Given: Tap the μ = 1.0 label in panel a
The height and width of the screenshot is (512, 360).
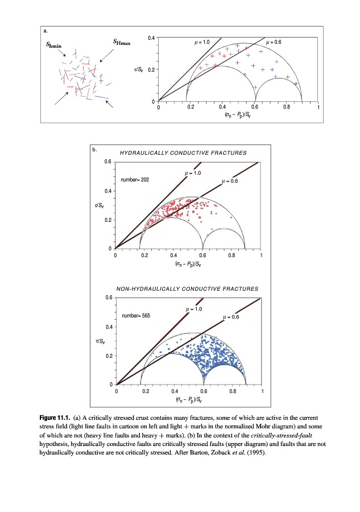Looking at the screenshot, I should click(x=202, y=43).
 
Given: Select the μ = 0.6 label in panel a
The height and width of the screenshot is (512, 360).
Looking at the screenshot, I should click(x=274, y=43).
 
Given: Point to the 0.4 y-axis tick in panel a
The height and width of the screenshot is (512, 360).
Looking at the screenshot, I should click(x=151, y=38).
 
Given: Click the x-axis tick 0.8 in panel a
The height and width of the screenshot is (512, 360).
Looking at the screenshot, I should click(x=287, y=106).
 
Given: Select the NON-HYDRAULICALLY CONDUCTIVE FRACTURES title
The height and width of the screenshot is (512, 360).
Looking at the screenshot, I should click(x=187, y=289).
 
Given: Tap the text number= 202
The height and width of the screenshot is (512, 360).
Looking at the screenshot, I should click(x=135, y=180).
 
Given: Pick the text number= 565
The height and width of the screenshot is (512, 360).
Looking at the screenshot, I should click(x=136, y=315).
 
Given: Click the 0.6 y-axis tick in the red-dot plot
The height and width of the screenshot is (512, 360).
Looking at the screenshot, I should click(x=107, y=162).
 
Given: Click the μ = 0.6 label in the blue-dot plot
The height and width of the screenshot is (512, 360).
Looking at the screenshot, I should click(x=231, y=317).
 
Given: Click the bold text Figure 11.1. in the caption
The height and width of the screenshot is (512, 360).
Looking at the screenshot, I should click(x=55, y=417).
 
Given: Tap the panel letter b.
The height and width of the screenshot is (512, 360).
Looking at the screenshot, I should click(x=95, y=150).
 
